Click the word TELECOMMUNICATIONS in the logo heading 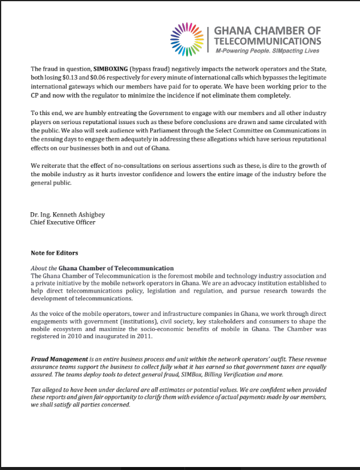coord(267,41)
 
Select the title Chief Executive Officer coord(62,222)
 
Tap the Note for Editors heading coord(55,253)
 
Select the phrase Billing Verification coord(222,373)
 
